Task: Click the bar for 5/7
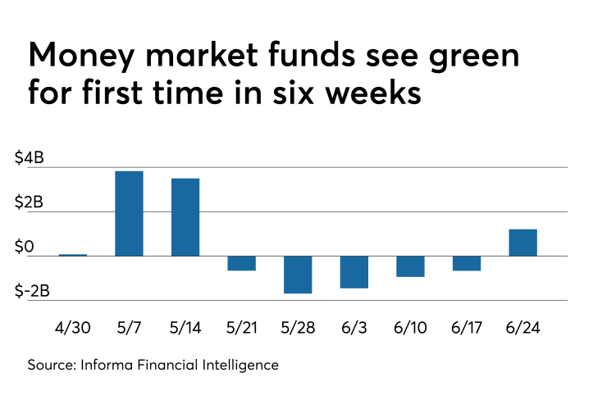tap(129, 213)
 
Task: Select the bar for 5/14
tap(185, 217)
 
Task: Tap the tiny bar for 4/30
tap(73, 255)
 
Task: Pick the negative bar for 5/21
tap(241, 263)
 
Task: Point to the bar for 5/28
tap(298, 275)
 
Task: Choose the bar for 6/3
tap(354, 272)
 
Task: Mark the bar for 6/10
tap(410, 266)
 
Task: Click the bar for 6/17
tap(467, 263)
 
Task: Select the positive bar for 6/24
tap(523, 243)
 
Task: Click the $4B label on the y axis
tap(30, 159)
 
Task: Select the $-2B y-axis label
tap(33, 291)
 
